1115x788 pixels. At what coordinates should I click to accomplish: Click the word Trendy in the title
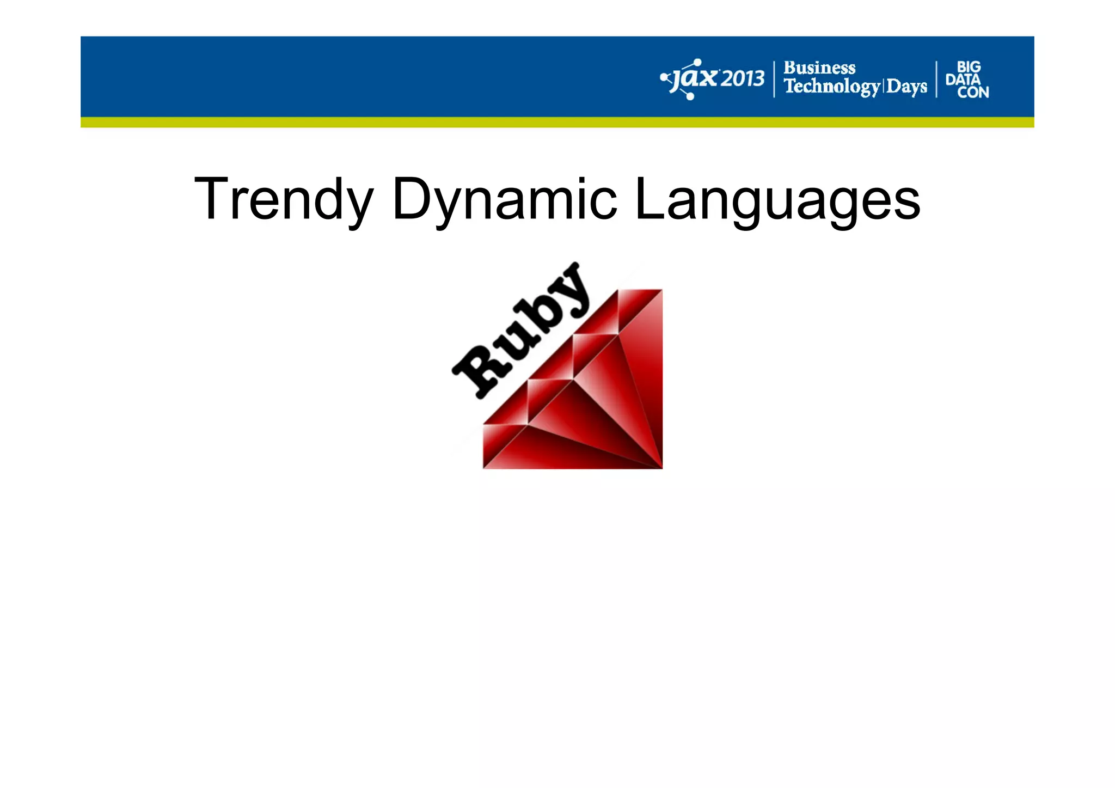pyautogui.click(x=283, y=199)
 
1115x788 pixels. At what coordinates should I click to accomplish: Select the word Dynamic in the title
pyautogui.click(x=504, y=199)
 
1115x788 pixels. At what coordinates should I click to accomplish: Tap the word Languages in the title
pyautogui.click(x=777, y=199)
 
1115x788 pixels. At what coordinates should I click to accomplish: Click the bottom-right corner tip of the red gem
pyautogui.click(x=661, y=467)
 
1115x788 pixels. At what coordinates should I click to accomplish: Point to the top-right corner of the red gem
pyautogui.click(x=661, y=291)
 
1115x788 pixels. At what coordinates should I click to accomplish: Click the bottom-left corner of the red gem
pyautogui.click(x=484, y=467)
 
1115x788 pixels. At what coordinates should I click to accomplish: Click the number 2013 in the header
pyautogui.click(x=743, y=80)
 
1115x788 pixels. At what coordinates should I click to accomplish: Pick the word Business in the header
pyautogui.click(x=819, y=68)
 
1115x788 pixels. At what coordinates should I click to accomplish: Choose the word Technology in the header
pyautogui.click(x=831, y=87)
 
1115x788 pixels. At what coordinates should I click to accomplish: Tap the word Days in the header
pyautogui.click(x=906, y=87)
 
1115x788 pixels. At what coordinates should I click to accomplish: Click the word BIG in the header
pyautogui.click(x=969, y=67)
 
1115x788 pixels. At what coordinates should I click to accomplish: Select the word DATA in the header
pyautogui.click(x=963, y=80)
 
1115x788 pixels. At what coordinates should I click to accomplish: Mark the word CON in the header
pyautogui.click(x=973, y=93)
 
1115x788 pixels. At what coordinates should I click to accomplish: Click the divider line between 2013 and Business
pyautogui.click(x=774, y=80)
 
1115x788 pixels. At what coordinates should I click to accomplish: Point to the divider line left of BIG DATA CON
pyautogui.click(x=936, y=80)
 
